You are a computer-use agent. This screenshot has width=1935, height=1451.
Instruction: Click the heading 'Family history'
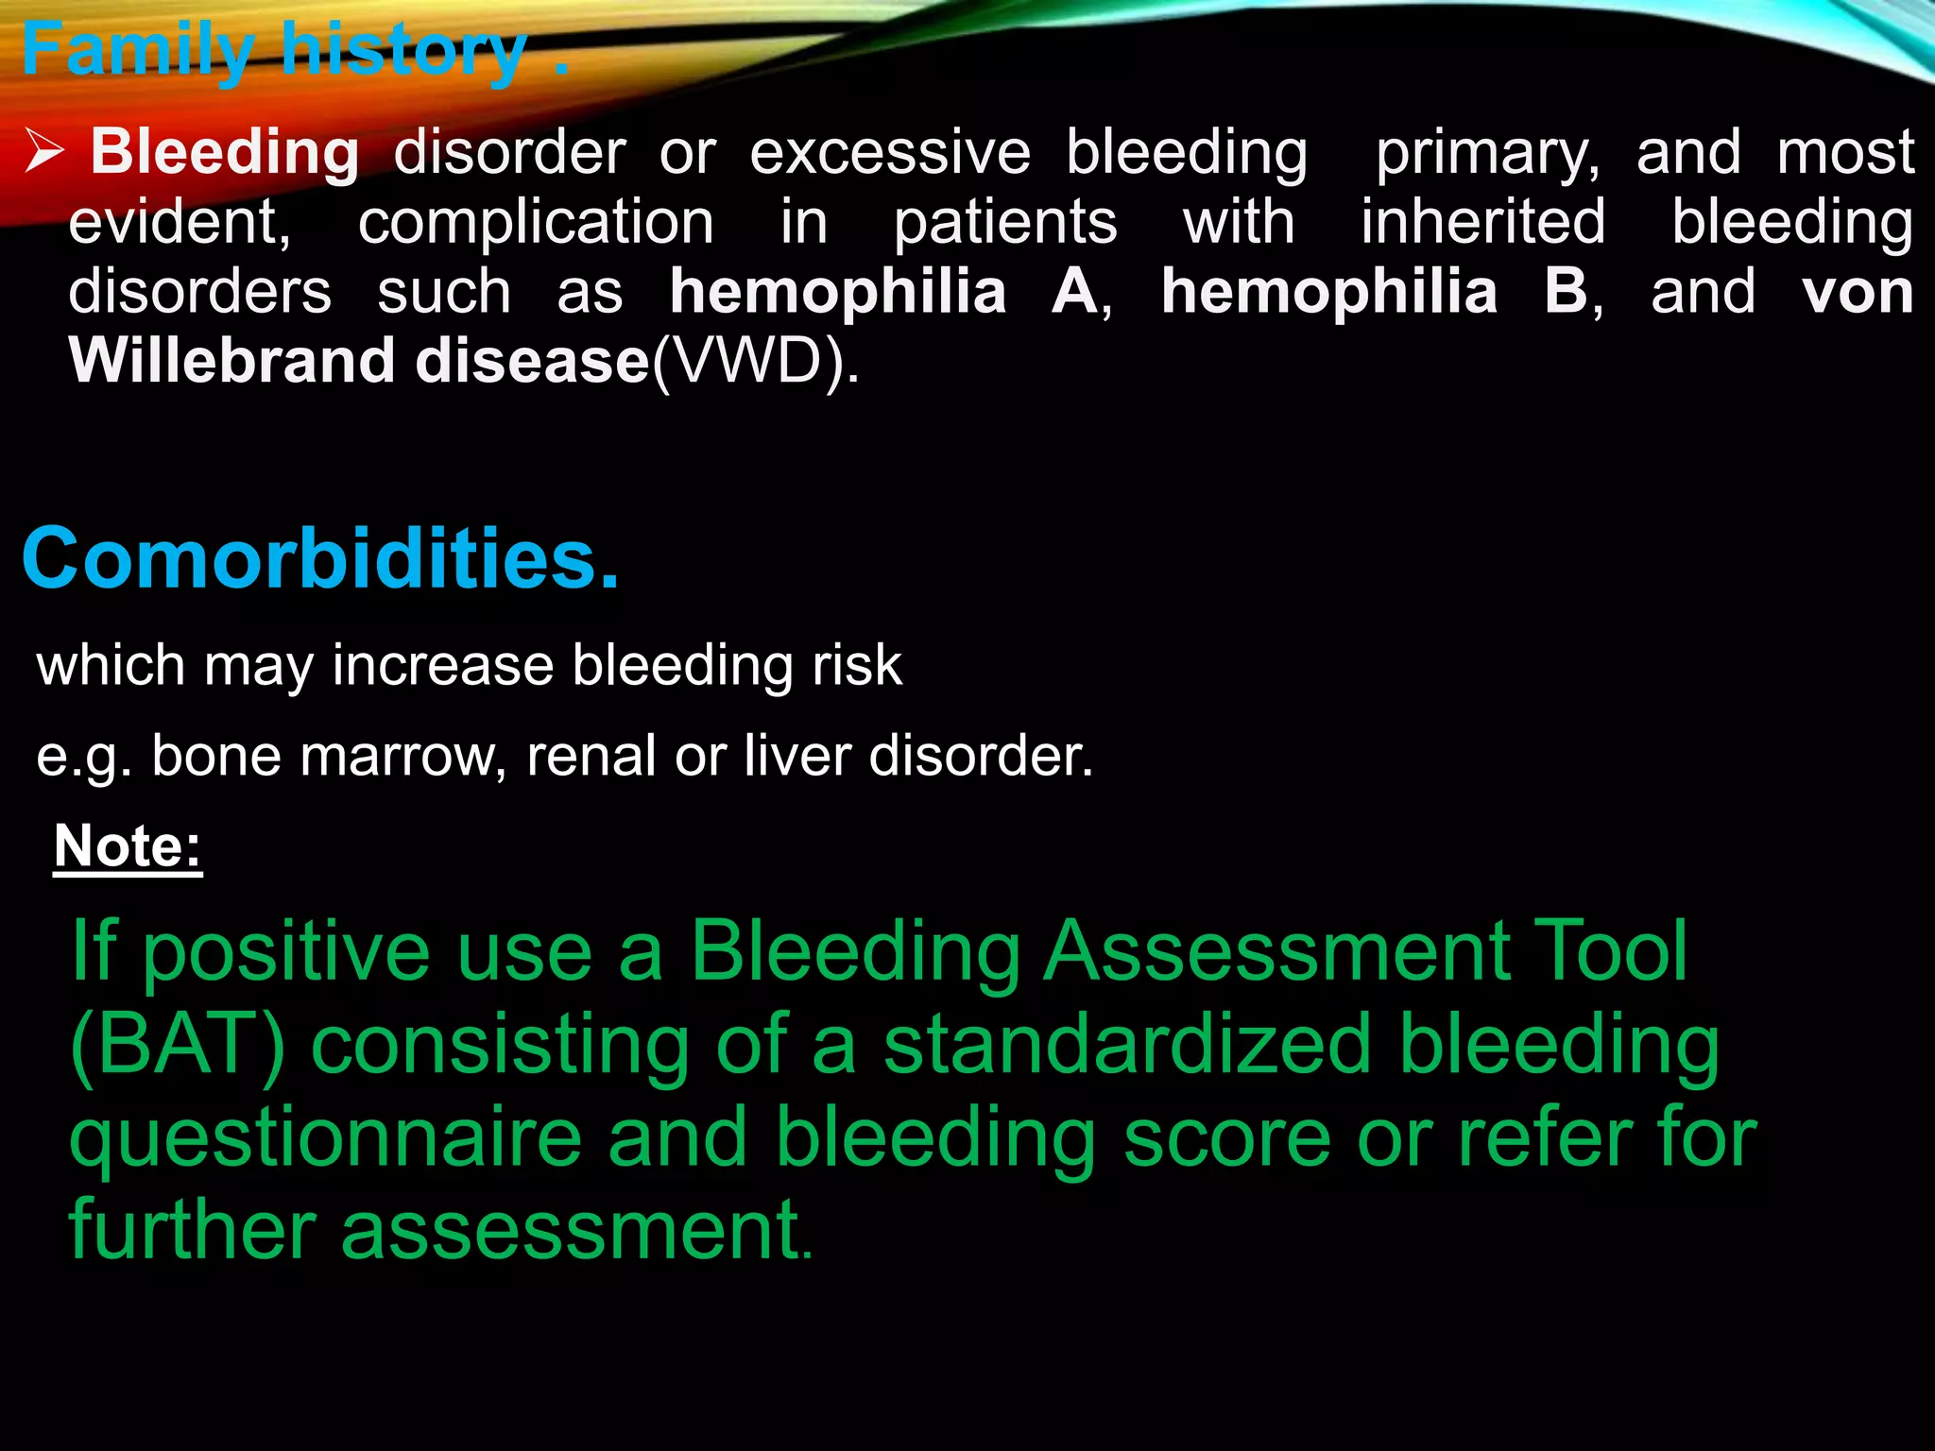[x=274, y=52]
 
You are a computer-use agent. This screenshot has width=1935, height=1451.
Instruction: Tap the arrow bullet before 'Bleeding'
[x=44, y=152]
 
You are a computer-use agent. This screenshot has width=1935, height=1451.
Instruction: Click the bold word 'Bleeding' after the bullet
[x=225, y=152]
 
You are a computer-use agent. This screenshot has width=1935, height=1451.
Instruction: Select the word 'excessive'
[x=890, y=152]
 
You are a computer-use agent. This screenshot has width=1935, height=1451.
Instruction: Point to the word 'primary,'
[x=1488, y=154]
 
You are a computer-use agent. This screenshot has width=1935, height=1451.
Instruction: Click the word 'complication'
[x=536, y=223]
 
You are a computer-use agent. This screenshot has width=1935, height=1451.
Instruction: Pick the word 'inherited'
[x=1483, y=223]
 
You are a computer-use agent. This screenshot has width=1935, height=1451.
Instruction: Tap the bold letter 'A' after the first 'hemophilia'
[x=1074, y=292]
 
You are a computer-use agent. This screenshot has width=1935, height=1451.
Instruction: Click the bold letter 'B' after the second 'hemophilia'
[x=1566, y=292]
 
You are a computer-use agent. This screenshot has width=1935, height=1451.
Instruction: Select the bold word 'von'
[x=1858, y=292]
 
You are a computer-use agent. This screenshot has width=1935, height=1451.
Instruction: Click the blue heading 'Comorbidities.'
[x=320, y=559]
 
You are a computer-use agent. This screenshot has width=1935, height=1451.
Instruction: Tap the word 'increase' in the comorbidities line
[x=442, y=665]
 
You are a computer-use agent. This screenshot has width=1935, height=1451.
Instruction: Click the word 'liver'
[x=797, y=756]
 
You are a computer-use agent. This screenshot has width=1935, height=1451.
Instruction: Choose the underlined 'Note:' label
[x=128, y=845]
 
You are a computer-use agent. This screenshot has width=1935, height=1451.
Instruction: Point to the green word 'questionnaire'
[x=326, y=1139]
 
